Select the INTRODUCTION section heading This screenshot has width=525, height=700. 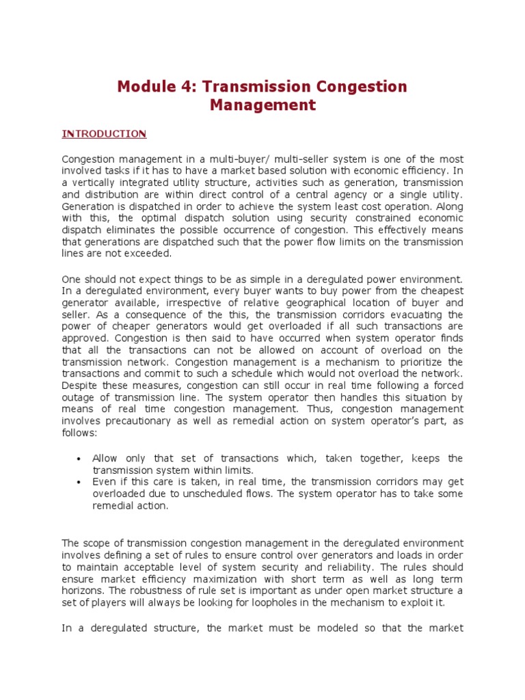point(104,134)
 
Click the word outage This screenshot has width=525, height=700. point(77,397)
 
